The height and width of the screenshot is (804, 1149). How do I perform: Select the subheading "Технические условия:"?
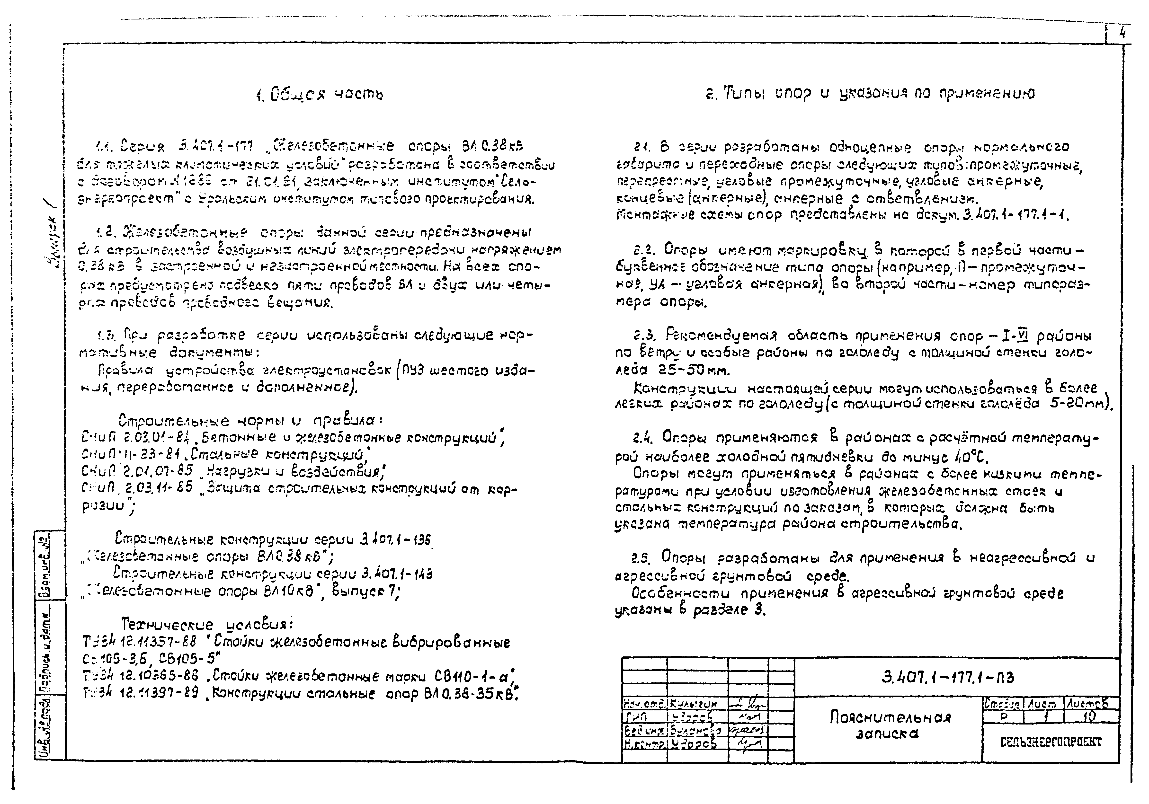click(207, 625)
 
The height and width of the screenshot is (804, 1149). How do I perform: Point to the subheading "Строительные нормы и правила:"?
click(251, 420)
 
